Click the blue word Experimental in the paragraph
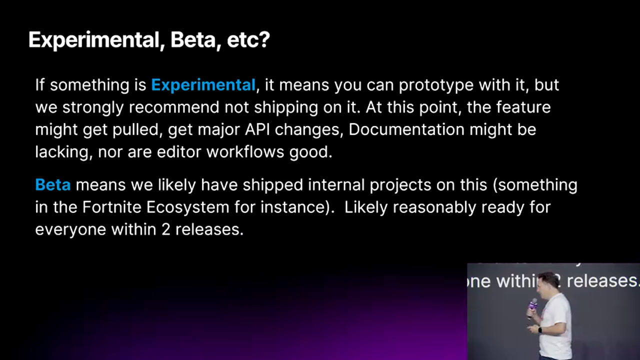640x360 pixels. (203, 85)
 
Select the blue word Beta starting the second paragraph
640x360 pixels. (53, 185)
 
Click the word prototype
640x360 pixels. (436, 85)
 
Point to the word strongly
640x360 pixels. (93, 108)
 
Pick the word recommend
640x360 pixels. (173, 107)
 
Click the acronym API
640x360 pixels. (257, 129)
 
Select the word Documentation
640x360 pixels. (406, 129)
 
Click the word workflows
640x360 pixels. (245, 151)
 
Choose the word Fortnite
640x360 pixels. (111, 207)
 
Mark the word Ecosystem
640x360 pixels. (187, 207)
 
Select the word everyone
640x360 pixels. (70, 230)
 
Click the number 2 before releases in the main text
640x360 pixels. (165, 229)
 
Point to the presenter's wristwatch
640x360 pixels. (539, 330)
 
